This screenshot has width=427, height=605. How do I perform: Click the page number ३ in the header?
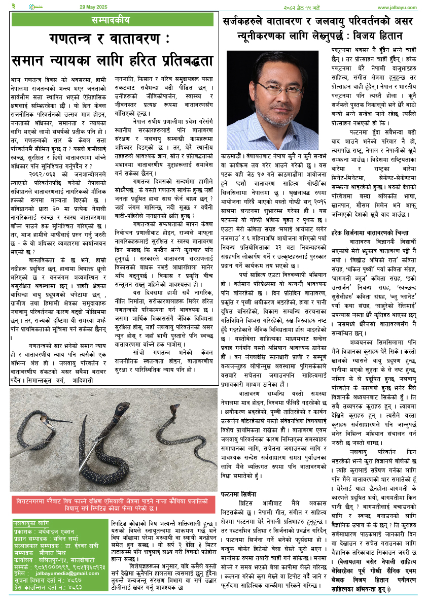[14, 7]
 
